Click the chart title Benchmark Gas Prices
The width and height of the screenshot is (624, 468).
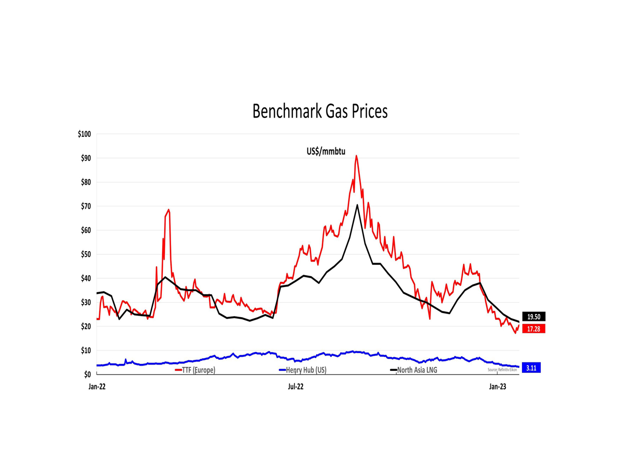click(320, 111)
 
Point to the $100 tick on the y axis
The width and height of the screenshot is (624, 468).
click(84, 134)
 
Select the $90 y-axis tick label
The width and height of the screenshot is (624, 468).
click(85, 158)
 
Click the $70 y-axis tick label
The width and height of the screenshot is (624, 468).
click(85, 206)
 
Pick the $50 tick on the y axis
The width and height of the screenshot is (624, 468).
click(85, 254)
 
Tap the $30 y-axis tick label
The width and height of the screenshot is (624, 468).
click(85, 303)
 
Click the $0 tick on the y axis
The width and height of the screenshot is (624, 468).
click(87, 374)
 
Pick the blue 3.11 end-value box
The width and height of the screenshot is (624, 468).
click(531, 368)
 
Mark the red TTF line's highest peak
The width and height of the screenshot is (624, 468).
click(356, 155)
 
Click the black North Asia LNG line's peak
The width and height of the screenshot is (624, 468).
click(357, 205)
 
